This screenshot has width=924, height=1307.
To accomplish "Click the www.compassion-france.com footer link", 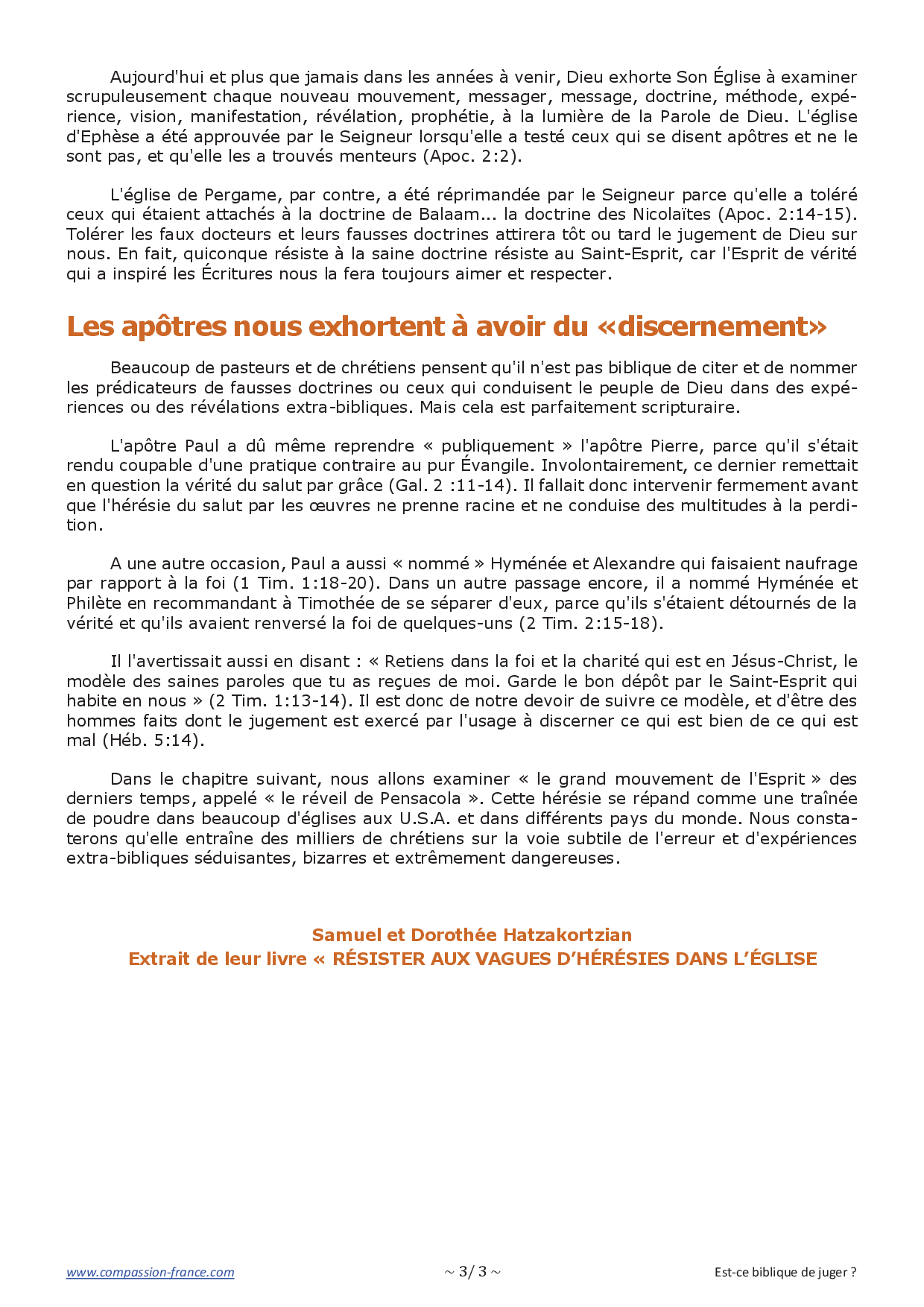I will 150,1272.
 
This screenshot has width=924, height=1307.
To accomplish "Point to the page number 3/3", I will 472,1271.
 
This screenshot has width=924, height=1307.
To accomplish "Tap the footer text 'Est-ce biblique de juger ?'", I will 785,1272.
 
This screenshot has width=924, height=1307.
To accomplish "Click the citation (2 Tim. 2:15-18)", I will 590,623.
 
